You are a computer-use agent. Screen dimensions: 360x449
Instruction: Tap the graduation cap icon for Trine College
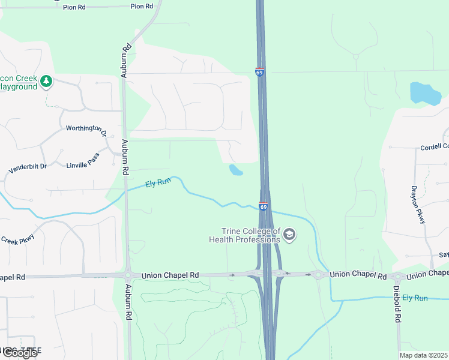click(x=289, y=235)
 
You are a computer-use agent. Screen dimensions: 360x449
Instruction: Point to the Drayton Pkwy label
click(x=418, y=204)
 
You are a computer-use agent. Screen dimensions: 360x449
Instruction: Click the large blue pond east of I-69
click(x=425, y=94)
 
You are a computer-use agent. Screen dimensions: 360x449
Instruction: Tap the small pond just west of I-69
click(x=235, y=170)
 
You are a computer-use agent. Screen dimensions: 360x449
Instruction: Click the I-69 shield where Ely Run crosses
click(x=264, y=206)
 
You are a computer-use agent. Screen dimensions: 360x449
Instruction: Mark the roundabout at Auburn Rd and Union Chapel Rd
click(x=128, y=275)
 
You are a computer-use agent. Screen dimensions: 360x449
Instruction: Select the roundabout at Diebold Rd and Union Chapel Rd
click(x=397, y=277)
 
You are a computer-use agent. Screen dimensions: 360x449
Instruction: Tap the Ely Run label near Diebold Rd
click(x=415, y=298)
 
